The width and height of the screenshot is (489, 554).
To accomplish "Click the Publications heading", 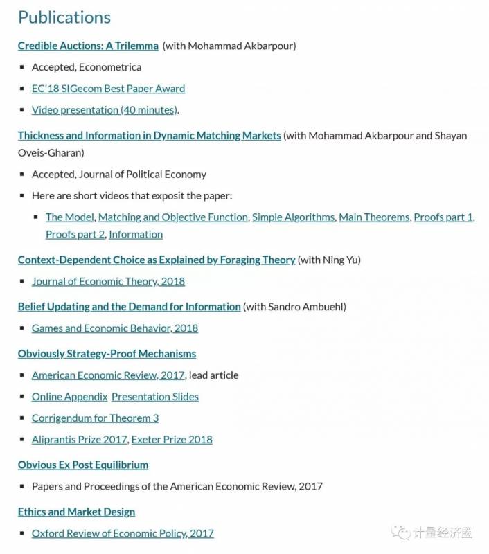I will tap(64, 17).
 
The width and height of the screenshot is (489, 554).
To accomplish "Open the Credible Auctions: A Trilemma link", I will tap(88, 46).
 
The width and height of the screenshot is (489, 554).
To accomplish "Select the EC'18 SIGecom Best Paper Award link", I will tap(108, 89).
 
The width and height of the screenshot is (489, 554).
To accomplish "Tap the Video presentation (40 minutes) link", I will tap(105, 110).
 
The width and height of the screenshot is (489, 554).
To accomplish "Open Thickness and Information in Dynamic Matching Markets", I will tap(149, 136).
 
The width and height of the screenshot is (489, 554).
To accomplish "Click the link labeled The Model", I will tap(69, 217).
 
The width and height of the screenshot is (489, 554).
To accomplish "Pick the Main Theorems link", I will tap(374, 217).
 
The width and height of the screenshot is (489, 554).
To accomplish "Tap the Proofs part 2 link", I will tap(75, 235).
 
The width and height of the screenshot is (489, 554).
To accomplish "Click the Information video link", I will tap(136, 235).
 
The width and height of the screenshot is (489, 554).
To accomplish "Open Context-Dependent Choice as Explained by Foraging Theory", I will tap(157, 260).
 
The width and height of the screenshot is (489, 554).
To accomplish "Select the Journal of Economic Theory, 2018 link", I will tap(108, 282).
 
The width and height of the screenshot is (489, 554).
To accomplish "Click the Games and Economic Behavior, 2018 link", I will tap(115, 328).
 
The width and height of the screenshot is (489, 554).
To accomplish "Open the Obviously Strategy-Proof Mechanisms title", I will tap(107, 354).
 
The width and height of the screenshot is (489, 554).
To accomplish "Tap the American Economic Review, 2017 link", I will tap(108, 375).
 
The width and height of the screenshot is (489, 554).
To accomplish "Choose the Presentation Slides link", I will tap(155, 397).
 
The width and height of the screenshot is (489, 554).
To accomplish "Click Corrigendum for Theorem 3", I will tap(95, 418).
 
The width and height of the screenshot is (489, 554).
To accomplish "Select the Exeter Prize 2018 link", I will tap(172, 440).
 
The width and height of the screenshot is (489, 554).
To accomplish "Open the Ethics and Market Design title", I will tap(76, 512).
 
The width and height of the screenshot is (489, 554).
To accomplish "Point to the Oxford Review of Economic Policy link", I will tap(123, 534).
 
